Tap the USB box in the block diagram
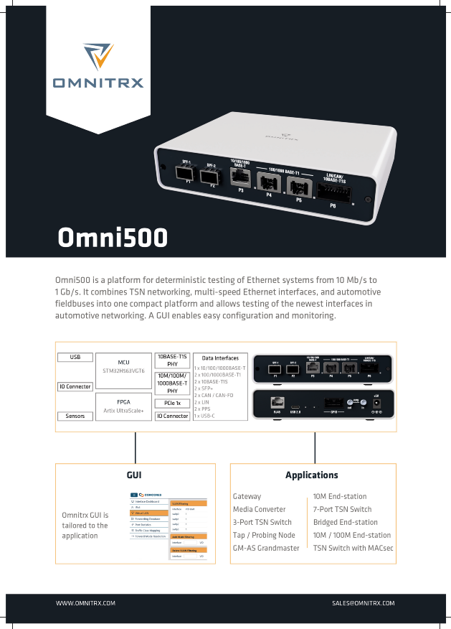click(x=75, y=357)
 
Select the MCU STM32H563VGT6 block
click(x=123, y=366)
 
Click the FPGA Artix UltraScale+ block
click(x=123, y=406)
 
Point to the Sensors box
click(x=75, y=416)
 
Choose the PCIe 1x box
click(x=172, y=404)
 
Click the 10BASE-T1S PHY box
click(x=172, y=360)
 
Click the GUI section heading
click(x=135, y=475)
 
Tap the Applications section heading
click(x=311, y=475)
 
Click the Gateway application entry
click(x=247, y=496)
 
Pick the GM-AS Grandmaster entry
click(x=266, y=548)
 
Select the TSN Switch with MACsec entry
click(x=353, y=548)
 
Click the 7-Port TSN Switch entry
click(x=342, y=509)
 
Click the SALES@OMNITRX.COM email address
click(x=364, y=603)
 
